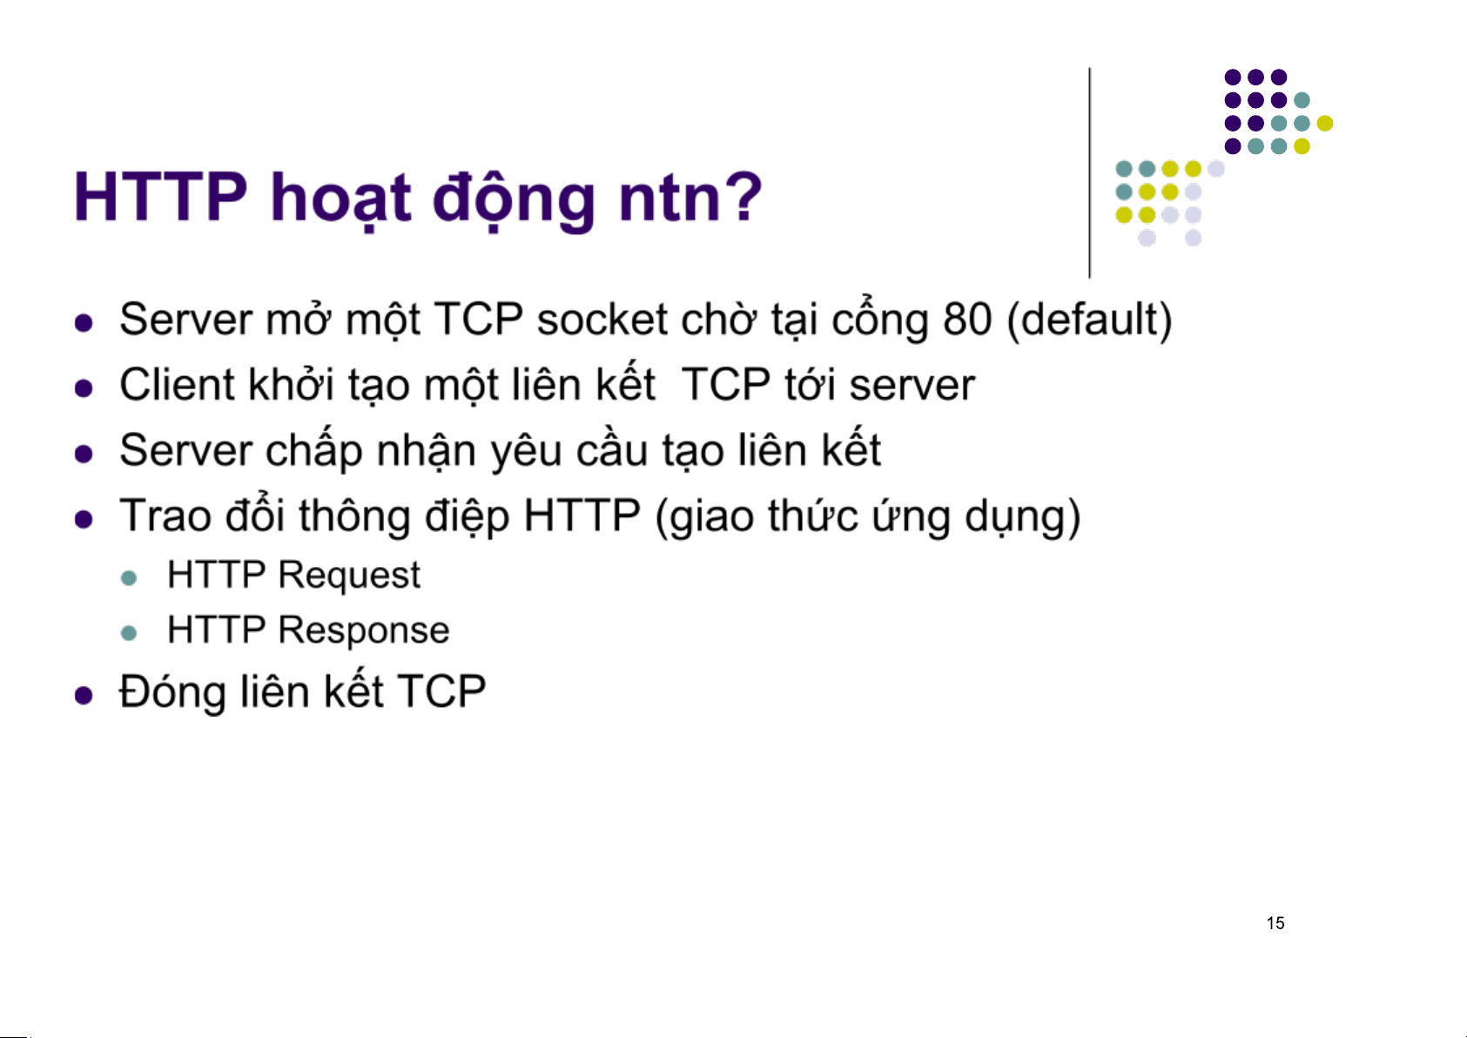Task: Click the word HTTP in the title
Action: coord(161,197)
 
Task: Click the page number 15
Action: coord(1275,923)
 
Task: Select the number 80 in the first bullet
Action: coord(966,320)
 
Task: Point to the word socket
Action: coord(602,320)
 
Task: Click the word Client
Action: coord(176,384)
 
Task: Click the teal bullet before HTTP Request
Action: coord(129,578)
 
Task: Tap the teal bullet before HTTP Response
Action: coord(129,633)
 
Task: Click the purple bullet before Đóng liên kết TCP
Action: coord(84,695)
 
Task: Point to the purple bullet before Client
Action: coord(84,388)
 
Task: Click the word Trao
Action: coord(165,516)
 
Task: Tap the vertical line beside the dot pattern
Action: coord(1090,173)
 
